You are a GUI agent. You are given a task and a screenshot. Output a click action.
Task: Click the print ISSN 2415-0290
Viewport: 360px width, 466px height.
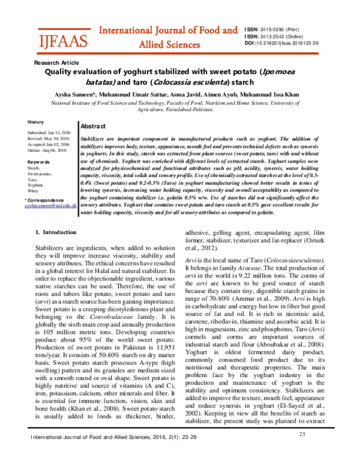click(285, 28)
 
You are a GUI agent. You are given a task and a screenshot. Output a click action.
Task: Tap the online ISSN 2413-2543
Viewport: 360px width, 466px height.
click(286, 36)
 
